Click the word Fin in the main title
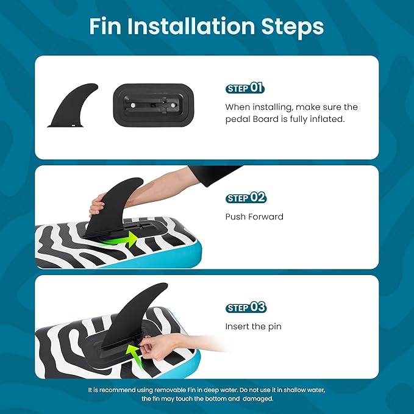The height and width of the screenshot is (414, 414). click(x=105, y=26)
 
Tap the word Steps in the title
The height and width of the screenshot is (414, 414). click(x=292, y=27)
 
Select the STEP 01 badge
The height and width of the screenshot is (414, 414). click(x=244, y=88)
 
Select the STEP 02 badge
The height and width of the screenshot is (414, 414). click(x=246, y=198)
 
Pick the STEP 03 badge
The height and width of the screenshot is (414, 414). click(x=246, y=307)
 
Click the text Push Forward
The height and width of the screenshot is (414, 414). click(x=254, y=217)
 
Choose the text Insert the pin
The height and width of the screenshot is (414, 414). click(x=253, y=327)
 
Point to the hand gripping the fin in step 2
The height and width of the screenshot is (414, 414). click(x=97, y=205)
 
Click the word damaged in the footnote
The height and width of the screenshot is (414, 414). click(x=258, y=398)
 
